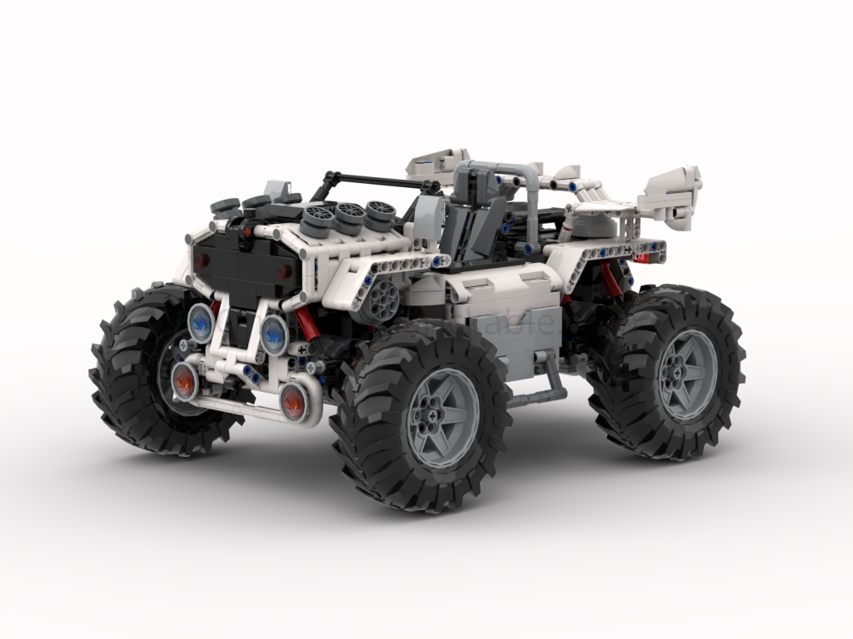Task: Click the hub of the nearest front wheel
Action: (442, 418)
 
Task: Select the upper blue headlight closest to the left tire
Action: (201, 322)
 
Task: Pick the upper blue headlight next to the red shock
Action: (274, 334)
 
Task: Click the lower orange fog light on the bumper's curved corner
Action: (293, 403)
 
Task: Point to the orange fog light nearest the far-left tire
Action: (185, 381)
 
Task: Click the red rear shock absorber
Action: (611, 280)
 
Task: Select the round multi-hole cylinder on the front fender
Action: (385, 299)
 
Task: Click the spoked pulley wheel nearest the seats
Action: (381, 214)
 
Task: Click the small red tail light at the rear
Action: (641, 259)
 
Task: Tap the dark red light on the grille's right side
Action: (282, 272)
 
